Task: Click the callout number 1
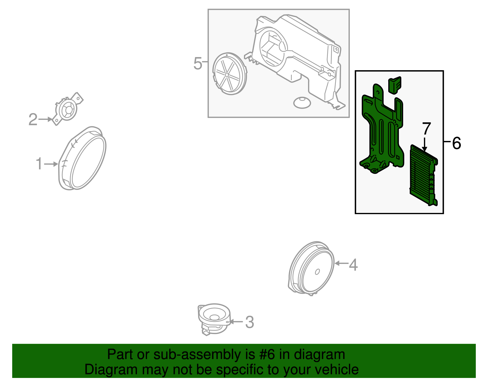(x=39, y=164)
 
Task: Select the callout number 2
(x=33, y=120)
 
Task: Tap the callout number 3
(x=249, y=322)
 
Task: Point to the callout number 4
(x=353, y=265)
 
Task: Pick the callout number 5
(x=198, y=63)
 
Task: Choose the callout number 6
(x=456, y=143)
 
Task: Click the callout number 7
(x=426, y=128)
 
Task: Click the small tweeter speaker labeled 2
(x=67, y=109)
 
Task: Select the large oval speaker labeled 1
(x=82, y=158)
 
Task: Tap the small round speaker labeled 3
(x=214, y=319)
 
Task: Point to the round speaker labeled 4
(x=311, y=268)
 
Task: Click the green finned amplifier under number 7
(x=424, y=175)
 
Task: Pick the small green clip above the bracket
(x=395, y=85)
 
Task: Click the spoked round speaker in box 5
(x=230, y=74)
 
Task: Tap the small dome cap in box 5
(x=302, y=103)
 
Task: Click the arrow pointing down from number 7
(x=424, y=144)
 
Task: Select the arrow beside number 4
(x=341, y=263)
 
